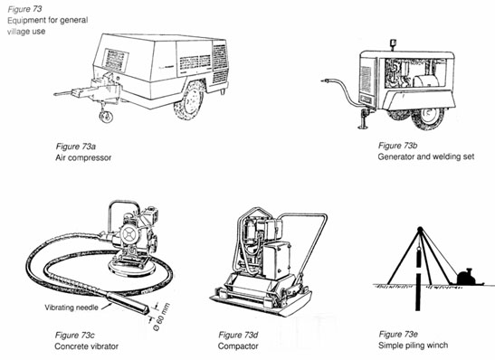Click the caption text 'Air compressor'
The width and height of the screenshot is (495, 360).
coord(83,157)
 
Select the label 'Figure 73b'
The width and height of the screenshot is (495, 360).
coord(398,146)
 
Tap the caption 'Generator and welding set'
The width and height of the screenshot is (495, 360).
coord(426,156)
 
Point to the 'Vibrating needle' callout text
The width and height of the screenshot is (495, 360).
coord(71,308)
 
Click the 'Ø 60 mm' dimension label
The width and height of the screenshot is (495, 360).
coord(161,317)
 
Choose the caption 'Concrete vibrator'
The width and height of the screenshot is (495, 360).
coord(87,346)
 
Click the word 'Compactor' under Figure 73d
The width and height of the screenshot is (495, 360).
coord(238,346)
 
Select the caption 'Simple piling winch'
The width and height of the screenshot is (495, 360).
coord(413,346)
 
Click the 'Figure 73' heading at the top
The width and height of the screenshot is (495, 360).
coord(24,9)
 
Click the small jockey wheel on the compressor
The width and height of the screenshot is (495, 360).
coord(106,117)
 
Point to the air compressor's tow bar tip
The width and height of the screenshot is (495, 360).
coord(55,94)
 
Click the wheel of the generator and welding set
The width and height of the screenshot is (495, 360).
coord(429,118)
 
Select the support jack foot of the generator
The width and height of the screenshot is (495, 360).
coord(364,128)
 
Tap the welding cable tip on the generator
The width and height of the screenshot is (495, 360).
coord(322,81)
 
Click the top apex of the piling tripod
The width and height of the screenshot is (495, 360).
coord(420,229)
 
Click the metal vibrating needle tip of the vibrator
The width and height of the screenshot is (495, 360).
coord(128,303)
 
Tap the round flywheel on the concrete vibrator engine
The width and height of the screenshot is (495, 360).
coord(129,235)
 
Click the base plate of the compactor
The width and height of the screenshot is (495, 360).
coord(262,303)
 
